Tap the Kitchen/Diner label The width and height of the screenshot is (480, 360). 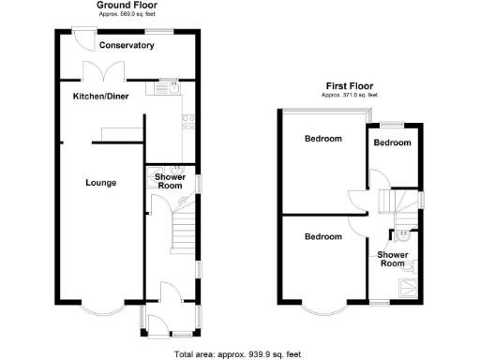(x=101, y=97)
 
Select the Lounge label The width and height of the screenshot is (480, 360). (x=100, y=183)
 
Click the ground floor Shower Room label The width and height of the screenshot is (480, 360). (x=169, y=181)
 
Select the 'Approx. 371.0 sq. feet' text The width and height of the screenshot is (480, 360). (x=348, y=95)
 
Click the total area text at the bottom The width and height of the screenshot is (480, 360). (x=237, y=353)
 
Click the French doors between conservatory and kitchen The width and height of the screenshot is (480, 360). (x=98, y=71)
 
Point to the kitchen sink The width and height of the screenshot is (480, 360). (x=169, y=87)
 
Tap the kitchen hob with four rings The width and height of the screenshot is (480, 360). (x=187, y=119)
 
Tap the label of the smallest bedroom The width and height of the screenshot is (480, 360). (x=392, y=142)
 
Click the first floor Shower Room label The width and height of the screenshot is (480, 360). (x=392, y=259)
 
